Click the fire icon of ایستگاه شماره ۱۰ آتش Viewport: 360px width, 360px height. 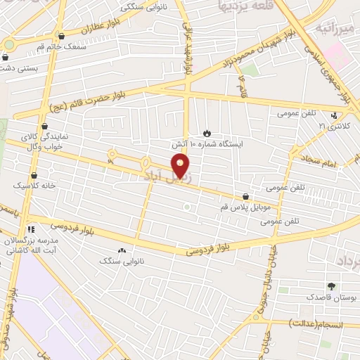tap(206, 132)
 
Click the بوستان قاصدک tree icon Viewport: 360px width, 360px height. tap(331, 286)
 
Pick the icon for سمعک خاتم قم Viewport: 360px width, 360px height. tap(61, 35)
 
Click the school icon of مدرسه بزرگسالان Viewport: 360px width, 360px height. tap(30, 229)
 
